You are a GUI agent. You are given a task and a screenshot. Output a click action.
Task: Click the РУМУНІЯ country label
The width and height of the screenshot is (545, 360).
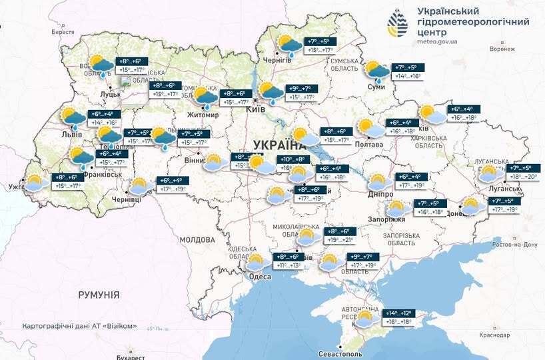tap(99, 294)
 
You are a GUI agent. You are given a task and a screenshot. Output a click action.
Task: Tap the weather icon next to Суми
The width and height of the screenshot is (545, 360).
tap(377, 71)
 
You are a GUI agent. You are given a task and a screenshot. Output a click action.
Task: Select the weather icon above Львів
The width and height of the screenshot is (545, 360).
tap(73, 118)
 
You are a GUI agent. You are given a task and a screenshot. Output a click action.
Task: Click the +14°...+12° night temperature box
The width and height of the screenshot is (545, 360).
tap(399, 313)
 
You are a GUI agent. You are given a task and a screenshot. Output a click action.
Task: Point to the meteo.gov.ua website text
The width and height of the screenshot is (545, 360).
tap(437, 41)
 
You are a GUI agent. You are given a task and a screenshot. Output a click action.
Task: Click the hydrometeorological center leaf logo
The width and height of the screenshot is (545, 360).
tap(398, 25)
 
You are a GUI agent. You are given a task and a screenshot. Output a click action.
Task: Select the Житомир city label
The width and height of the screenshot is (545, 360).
tap(205, 115)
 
